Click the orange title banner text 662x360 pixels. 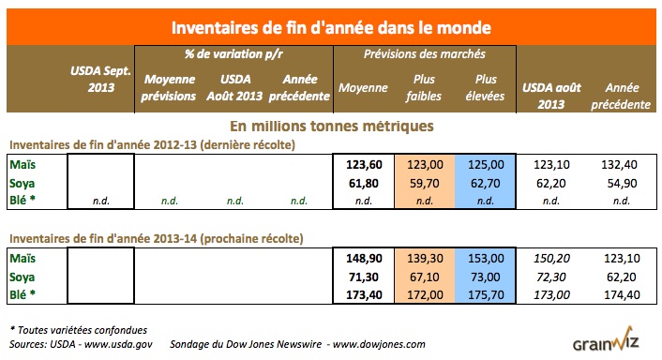coord(330,20)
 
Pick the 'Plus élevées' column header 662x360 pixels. coord(486,88)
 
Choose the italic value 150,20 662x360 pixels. coord(549,257)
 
